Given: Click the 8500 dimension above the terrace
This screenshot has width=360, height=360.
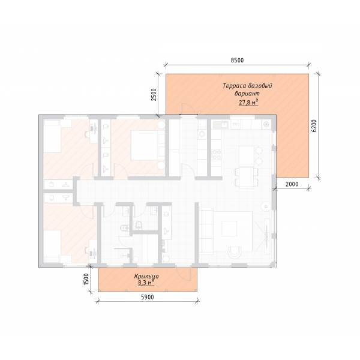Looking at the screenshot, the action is tap(237, 60).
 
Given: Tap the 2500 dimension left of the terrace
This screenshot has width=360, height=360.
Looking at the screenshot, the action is tap(154, 94).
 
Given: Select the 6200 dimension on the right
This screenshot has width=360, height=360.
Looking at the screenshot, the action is tap(314, 125).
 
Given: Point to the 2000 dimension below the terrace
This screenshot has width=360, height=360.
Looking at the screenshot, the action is tap(292, 184).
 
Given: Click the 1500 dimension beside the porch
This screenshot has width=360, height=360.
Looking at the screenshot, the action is tap(86, 279).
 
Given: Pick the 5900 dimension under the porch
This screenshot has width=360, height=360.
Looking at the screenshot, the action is tap(147, 297).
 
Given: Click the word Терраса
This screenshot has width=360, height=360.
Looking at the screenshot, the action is tap(234, 86).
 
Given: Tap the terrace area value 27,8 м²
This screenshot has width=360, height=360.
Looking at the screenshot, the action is tap(248, 103).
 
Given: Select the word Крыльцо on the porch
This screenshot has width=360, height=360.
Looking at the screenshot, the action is tap(146, 277).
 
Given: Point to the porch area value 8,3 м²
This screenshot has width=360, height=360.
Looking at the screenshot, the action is tap(146, 283).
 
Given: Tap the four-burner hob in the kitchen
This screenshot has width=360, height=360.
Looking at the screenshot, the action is tap(216, 154).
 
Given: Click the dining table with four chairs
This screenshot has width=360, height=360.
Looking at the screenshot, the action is tap(247, 177).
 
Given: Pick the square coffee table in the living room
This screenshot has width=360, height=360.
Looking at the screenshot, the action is tap(229, 229).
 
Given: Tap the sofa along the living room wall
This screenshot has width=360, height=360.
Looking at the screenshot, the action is tap(206, 231).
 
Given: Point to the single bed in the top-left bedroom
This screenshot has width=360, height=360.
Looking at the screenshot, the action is tap(52, 136).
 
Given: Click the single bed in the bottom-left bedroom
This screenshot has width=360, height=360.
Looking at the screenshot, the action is tap(52, 247).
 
